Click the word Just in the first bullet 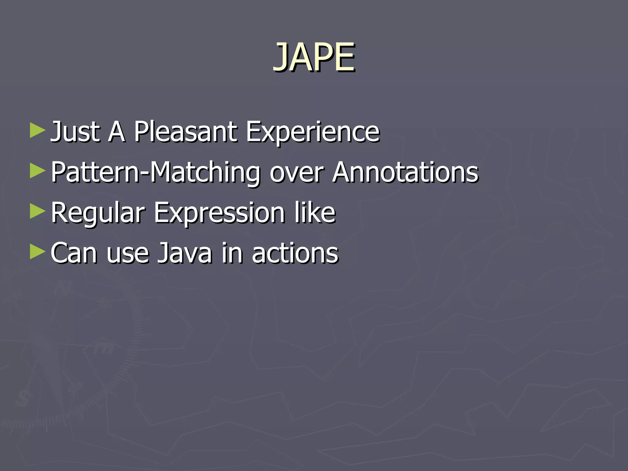point(75,132)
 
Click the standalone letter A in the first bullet point(117,132)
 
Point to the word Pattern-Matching point(155,173)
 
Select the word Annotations point(405,173)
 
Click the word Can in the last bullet point(74,253)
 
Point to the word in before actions point(232,253)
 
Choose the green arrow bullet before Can point(37,252)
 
